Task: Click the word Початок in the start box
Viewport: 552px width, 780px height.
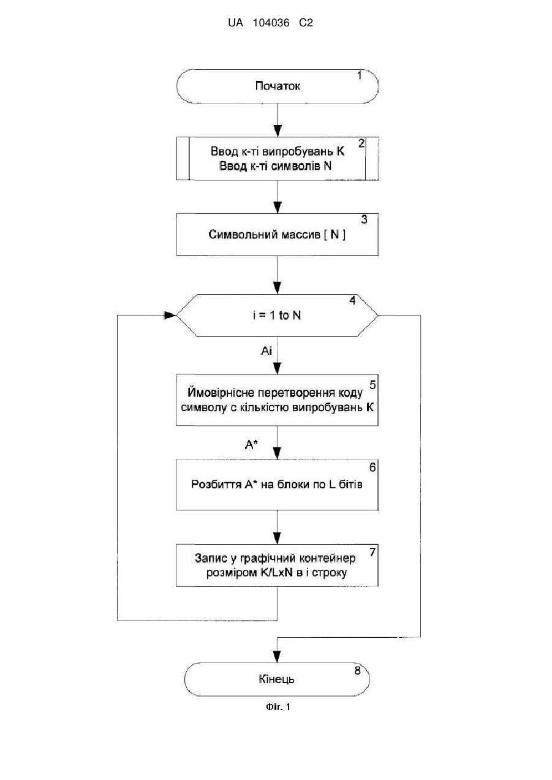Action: [x=278, y=86]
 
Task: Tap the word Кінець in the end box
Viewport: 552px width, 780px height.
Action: [x=276, y=679]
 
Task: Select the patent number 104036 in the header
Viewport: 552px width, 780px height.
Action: [x=271, y=23]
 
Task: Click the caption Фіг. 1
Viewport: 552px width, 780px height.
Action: [x=278, y=707]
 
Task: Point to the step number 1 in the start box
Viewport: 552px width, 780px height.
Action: [x=360, y=75]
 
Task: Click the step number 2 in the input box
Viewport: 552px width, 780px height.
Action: [x=361, y=143]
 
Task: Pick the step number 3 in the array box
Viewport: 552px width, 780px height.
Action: [x=364, y=219]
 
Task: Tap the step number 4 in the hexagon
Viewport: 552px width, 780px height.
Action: [x=352, y=300]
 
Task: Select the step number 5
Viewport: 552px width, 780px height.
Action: [x=372, y=385]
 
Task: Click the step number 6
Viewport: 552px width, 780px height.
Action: [x=372, y=468]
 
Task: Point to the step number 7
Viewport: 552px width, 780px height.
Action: [x=372, y=552]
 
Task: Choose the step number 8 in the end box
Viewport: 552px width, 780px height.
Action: [x=357, y=670]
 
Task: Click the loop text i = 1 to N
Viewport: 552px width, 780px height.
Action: [x=277, y=316]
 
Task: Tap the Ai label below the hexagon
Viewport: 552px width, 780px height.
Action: [x=267, y=350]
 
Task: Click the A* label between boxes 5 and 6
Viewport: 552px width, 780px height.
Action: [x=251, y=445]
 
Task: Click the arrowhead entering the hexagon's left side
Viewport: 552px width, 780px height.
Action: [x=171, y=316]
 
